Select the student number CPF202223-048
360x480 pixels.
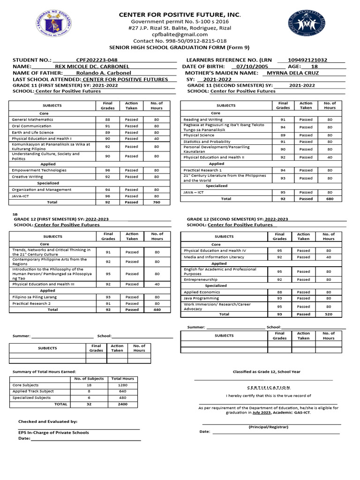coord(97,60)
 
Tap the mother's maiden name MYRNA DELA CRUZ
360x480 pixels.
coord(292,73)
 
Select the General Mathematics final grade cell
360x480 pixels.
coord(107,120)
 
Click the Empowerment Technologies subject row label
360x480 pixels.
coord(39,170)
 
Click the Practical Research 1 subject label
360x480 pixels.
coord(202,170)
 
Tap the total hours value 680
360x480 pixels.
coord(330,199)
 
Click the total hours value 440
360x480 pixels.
coord(157,309)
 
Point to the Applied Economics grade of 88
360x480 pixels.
coord(279,292)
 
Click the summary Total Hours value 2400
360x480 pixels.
coord(122,404)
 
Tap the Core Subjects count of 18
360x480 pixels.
coord(89,385)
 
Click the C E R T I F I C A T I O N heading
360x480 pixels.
coord(269,388)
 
